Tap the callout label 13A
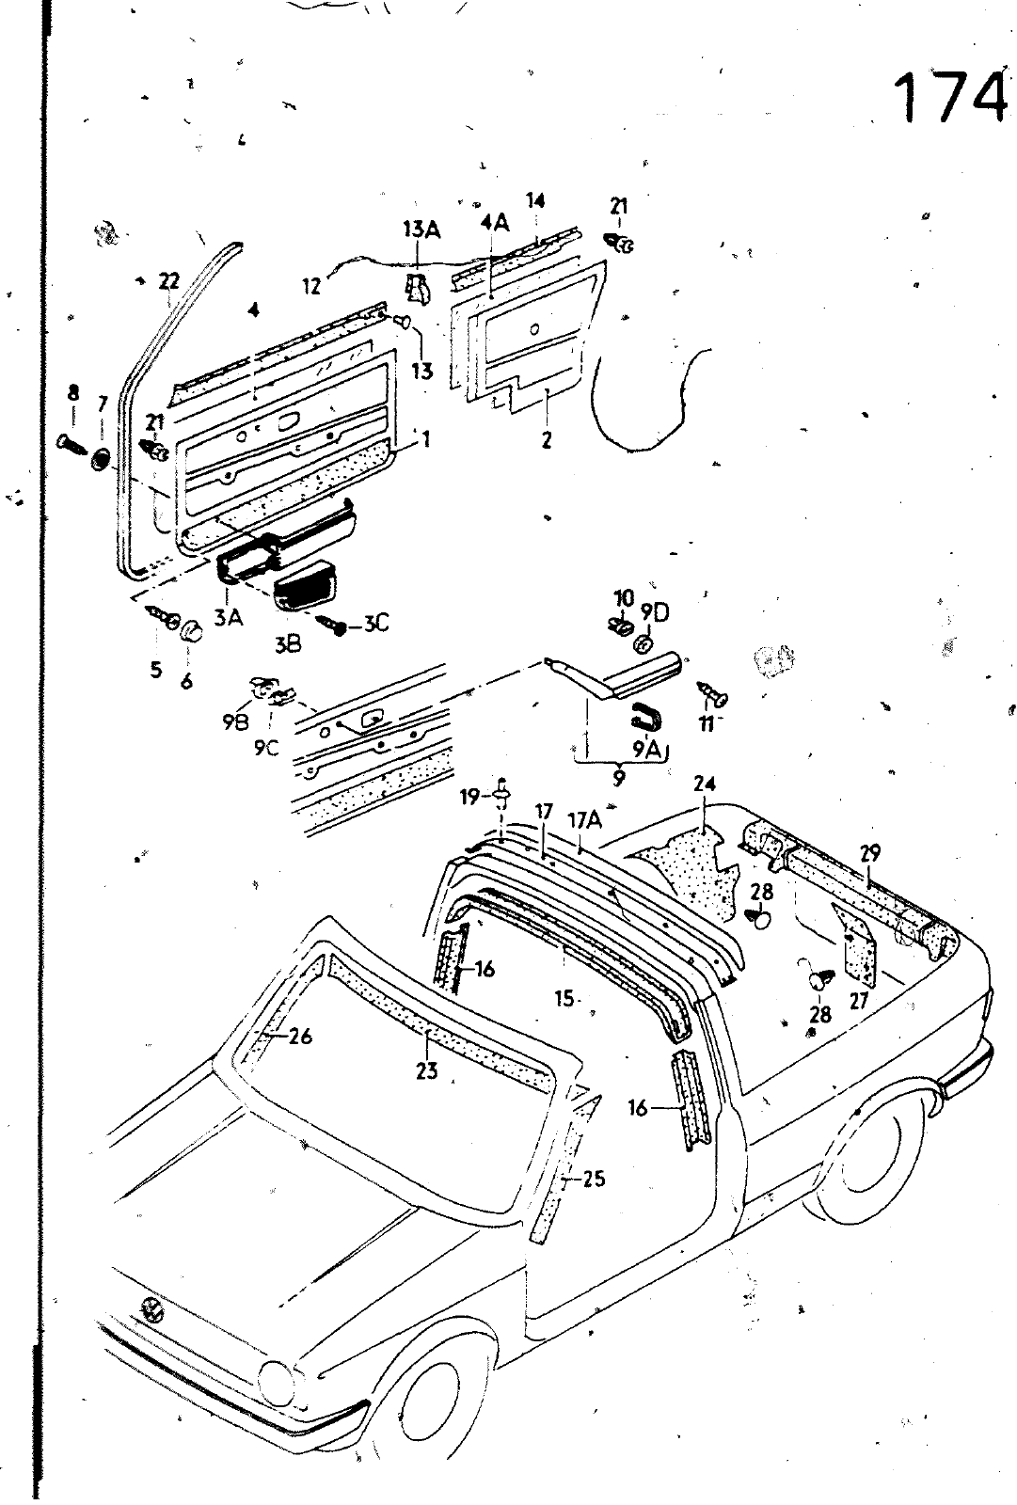click(x=421, y=230)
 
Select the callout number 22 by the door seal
click(x=168, y=279)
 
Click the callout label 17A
click(x=583, y=821)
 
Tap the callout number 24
click(x=705, y=784)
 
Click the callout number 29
click(x=870, y=854)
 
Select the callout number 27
click(x=858, y=1002)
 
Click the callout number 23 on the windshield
click(x=426, y=1070)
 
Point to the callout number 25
click(x=594, y=1179)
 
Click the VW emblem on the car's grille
click(x=149, y=1308)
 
